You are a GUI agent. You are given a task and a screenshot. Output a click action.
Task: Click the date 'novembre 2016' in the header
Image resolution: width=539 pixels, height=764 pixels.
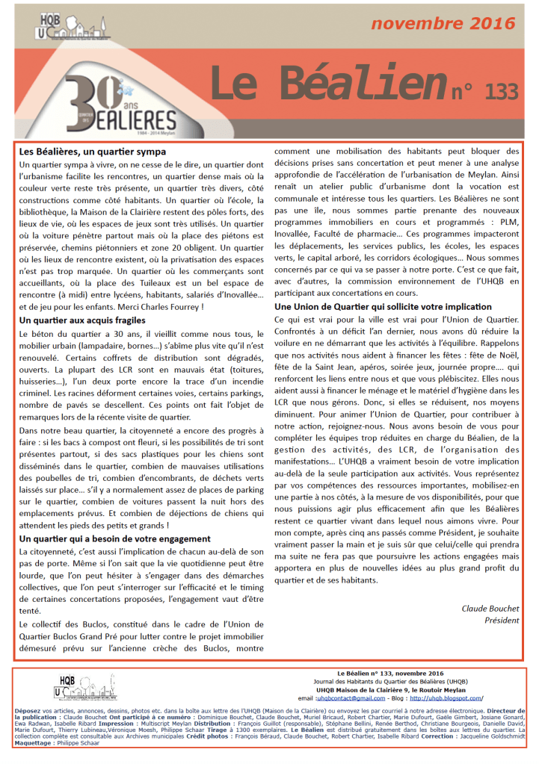click(443, 23)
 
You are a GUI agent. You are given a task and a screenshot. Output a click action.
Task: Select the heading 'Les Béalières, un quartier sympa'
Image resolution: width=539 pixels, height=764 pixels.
click(93, 152)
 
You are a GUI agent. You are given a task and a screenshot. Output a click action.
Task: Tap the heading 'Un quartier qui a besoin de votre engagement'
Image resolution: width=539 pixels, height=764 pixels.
click(114, 538)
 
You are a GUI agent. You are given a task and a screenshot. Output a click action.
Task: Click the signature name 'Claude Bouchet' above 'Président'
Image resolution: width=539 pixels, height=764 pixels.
click(490, 609)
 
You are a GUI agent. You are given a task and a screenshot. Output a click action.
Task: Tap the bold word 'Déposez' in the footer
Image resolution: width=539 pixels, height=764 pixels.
click(32, 709)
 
